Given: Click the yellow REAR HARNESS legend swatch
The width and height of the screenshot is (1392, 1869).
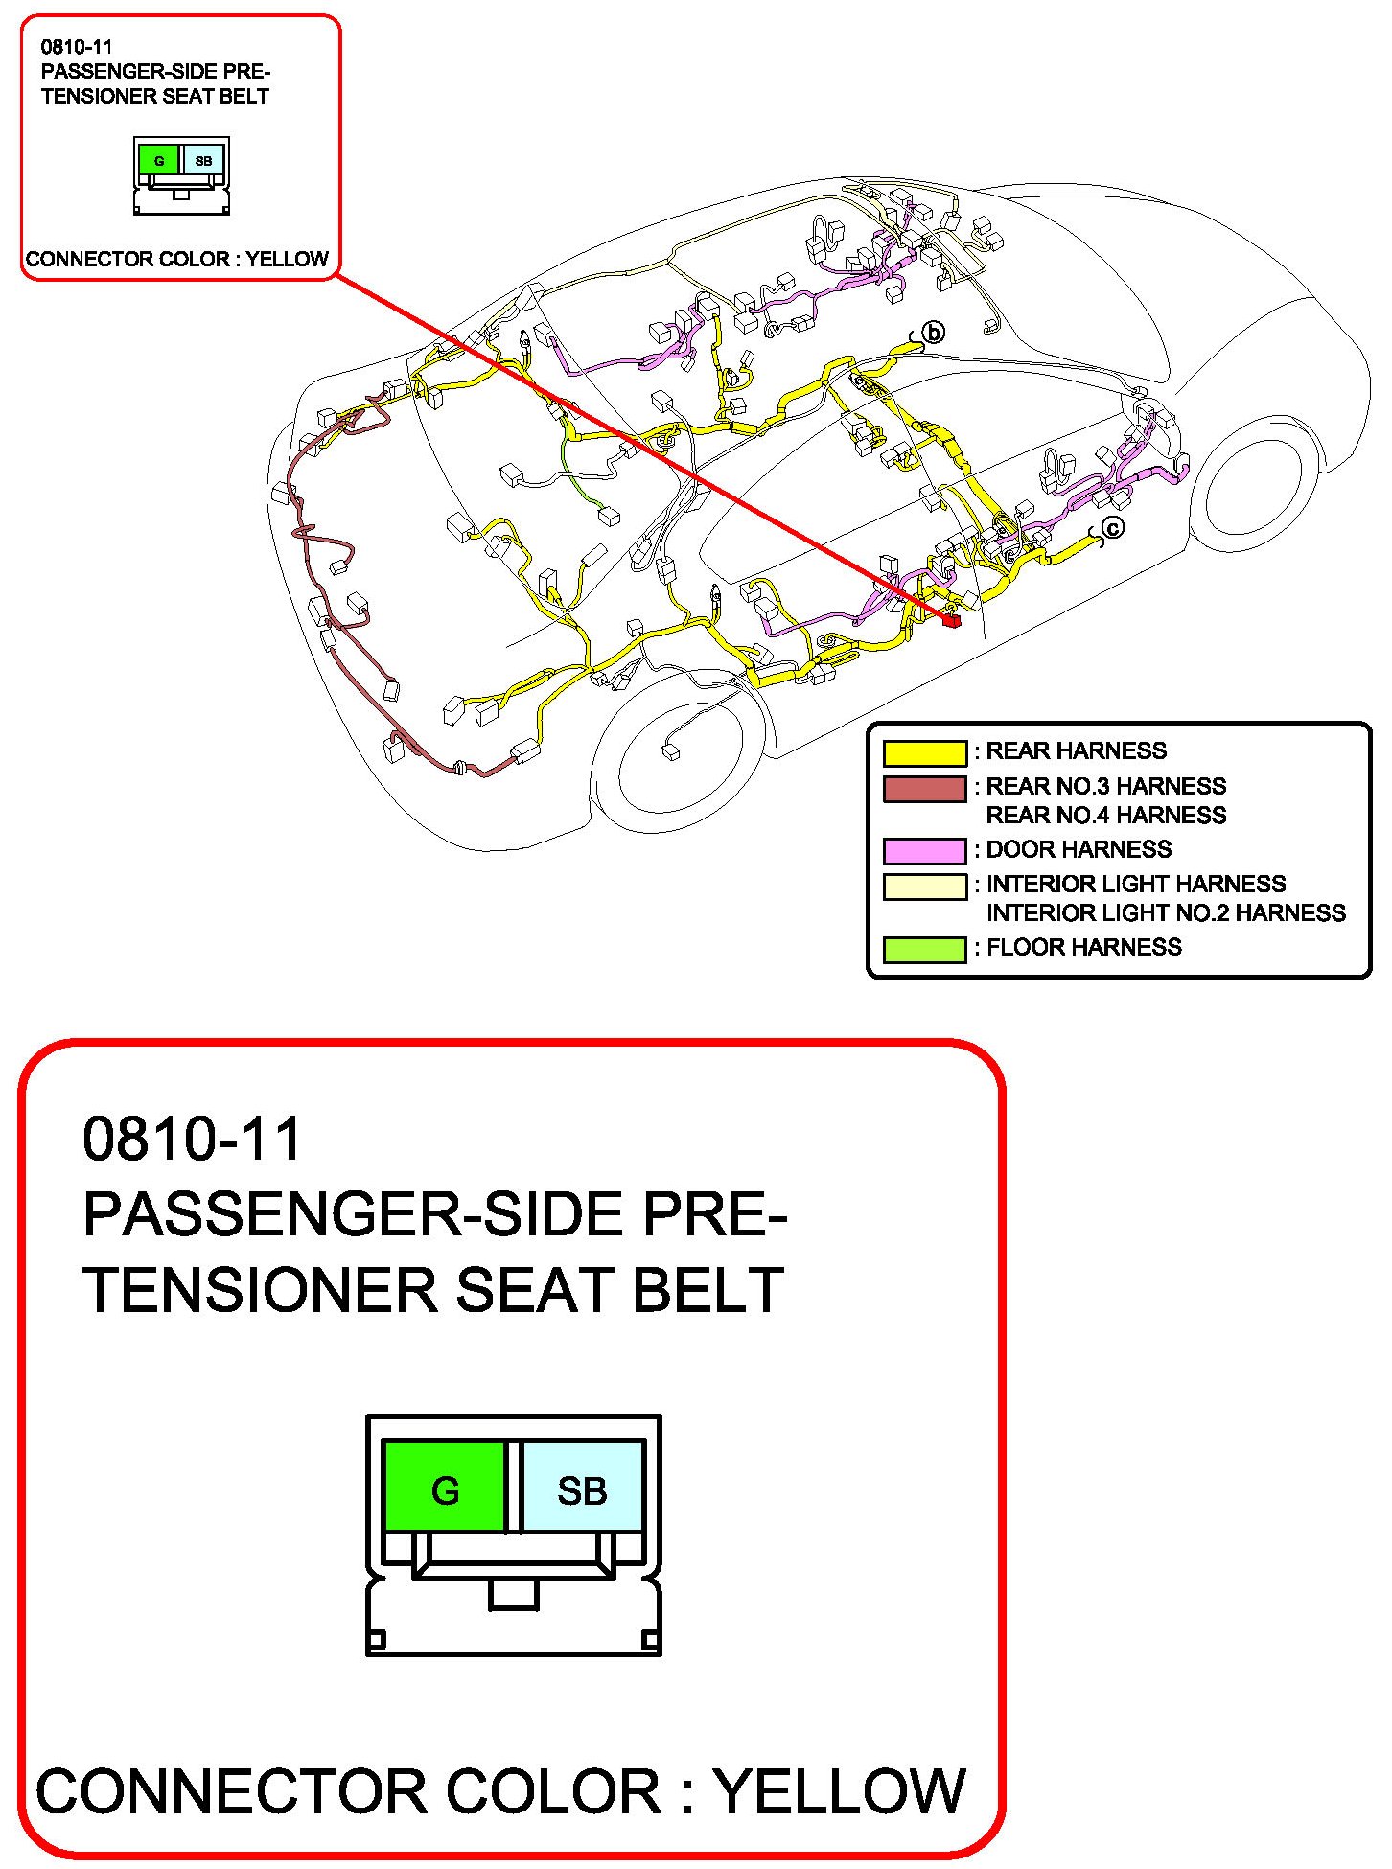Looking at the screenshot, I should (x=924, y=753).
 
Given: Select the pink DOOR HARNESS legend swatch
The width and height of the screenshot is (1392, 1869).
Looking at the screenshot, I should (x=924, y=851).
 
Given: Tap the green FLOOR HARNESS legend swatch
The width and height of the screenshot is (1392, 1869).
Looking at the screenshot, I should (x=924, y=949).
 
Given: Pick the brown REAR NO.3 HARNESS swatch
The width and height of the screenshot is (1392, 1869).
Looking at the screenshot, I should (x=924, y=789).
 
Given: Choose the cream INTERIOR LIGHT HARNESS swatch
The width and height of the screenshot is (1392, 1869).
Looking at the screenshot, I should (x=924, y=887).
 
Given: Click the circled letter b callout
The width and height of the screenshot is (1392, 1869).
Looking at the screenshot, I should (x=933, y=333).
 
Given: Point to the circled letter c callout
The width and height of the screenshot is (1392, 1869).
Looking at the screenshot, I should (x=1112, y=527).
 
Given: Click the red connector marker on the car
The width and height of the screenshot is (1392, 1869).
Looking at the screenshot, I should (x=952, y=621).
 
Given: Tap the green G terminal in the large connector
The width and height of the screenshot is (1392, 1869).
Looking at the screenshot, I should (x=445, y=1489).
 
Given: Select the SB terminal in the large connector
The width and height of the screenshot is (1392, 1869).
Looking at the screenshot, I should (x=582, y=1489).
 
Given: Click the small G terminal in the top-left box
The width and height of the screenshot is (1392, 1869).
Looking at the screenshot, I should (x=159, y=160).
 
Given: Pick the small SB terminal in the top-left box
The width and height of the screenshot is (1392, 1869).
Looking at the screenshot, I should (x=203, y=160).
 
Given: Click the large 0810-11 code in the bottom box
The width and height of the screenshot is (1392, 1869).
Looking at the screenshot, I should (x=192, y=1139).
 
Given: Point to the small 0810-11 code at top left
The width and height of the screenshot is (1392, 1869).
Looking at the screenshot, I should (x=77, y=47).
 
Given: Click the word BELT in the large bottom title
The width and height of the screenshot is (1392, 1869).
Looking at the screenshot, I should (x=708, y=1290).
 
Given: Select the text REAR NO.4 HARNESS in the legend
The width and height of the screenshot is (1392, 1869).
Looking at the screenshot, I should (x=1105, y=816).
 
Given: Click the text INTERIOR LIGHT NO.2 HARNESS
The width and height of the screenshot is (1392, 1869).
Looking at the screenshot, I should (x=1166, y=913).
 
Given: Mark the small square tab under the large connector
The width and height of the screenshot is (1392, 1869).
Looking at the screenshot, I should (x=514, y=1594).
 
